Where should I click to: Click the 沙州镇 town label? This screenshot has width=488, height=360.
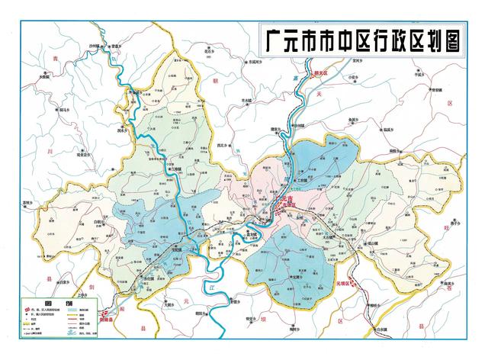point(115,47)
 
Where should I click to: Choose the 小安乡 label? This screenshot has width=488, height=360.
point(352,77)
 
